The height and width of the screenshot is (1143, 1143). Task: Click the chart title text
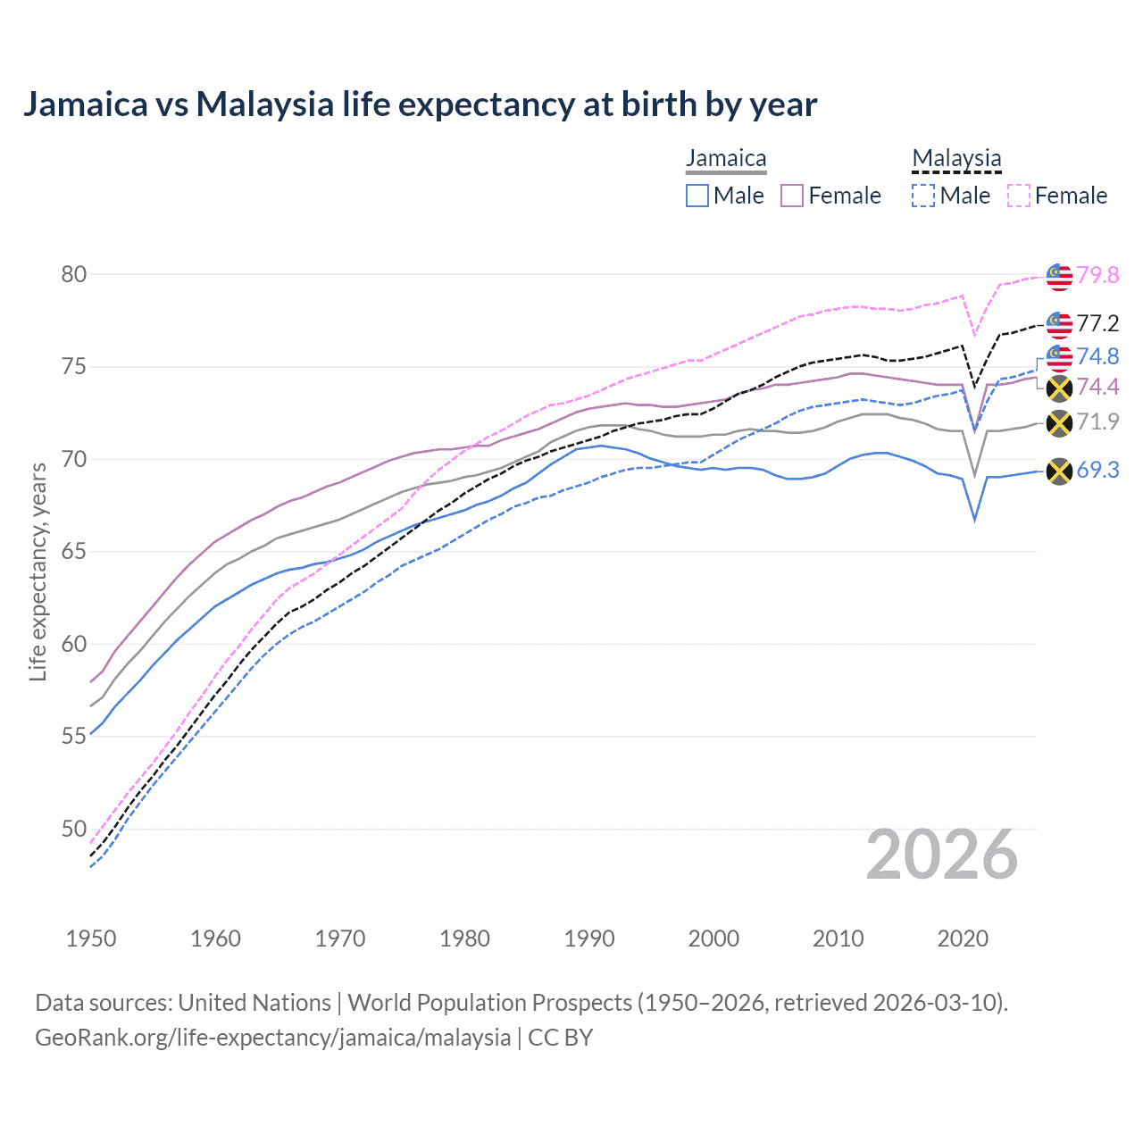pyautogui.click(x=420, y=104)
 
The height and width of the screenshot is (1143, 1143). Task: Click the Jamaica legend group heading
pyautogui.click(x=726, y=158)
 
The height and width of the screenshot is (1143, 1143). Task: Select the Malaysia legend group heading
pyautogui.click(x=956, y=158)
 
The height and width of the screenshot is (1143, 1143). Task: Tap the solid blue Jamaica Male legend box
pyautogui.click(x=697, y=196)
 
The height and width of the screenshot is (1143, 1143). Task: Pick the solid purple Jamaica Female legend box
pyautogui.click(x=792, y=196)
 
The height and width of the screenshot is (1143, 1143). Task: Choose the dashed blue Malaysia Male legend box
pyautogui.click(x=923, y=196)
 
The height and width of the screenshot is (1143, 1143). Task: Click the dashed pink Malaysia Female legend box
pyautogui.click(x=1019, y=196)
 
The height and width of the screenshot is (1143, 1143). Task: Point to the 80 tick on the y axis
pyautogui.click(x=74, y=274)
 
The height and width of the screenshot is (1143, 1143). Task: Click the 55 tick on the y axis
pyautogui.click(x=74, y=737)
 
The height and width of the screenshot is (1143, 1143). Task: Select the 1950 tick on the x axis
pyautogui.click(x=91, y=939)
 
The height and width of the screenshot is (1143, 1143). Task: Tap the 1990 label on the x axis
pyautogui.click(x=589, y=939)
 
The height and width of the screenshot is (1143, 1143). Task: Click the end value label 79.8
pyautogui.click(x=1097, y=275)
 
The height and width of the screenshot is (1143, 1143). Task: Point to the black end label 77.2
pyautogui.click(x=1097, y=323)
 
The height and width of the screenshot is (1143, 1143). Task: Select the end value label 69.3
pyautogui.click(x=1097, y=471)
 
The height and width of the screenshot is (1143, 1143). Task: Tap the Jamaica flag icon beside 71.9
pyautogui.click(x=1059, y=423)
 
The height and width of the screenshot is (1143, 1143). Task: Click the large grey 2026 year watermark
pyautogui.click(x=942, y=855)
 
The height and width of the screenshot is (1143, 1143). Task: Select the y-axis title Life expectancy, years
pyautogui.click(x=38, y=571)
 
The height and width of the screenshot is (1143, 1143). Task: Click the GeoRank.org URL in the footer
pyautogui.click(x=272, y=1038)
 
